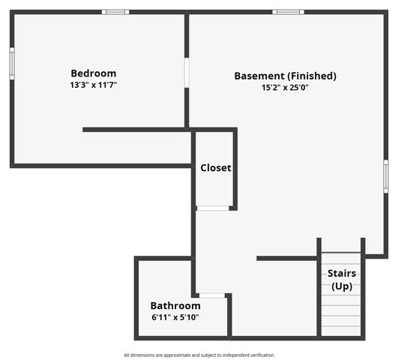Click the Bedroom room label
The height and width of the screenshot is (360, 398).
coord(94,73)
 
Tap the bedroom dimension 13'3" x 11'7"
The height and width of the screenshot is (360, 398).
coord(94,85)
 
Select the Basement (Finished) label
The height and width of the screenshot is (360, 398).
coord(285,76)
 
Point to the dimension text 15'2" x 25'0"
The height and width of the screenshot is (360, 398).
coord(285,88)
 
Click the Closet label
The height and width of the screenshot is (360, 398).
coord(216,168)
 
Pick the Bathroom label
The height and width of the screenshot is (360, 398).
coord(175,306)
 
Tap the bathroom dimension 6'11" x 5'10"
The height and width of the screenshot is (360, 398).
coord(175,317)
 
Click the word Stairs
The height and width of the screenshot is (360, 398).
coord(342,273)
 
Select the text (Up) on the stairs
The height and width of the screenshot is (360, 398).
coord(342,286)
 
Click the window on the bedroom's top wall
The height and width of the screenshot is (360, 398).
coord(115,12)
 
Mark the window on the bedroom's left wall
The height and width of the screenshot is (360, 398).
coord(12,64)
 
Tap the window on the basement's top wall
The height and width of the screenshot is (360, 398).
coord(288,12)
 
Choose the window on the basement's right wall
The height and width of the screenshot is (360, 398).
coord(386,176)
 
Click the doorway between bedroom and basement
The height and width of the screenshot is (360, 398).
coord(187,73)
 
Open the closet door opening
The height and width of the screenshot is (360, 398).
coord(213,208)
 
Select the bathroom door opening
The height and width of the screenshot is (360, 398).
coord(212,295)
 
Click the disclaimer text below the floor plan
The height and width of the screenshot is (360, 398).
coord(199,355)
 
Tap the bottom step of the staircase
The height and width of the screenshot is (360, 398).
coord(341,331)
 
